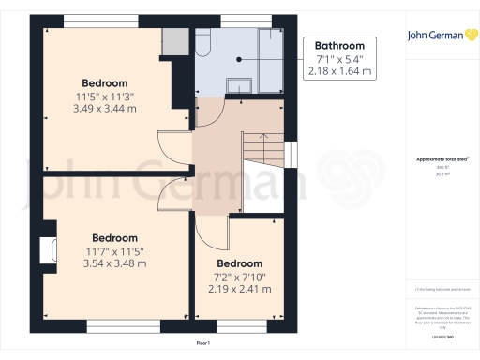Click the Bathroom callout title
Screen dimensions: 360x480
point(339,45)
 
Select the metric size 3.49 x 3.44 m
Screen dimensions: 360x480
point(105,110)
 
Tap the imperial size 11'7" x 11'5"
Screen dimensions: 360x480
point(114,250)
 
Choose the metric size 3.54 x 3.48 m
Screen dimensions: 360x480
point(114,263)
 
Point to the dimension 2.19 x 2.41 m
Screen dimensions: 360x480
point(240,289)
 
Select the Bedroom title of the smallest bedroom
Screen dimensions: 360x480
point(240,263)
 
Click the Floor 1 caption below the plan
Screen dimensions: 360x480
point(202,344)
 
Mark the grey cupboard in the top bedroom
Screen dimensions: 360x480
point(174,42)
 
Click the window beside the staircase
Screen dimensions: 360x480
point(292,153)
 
